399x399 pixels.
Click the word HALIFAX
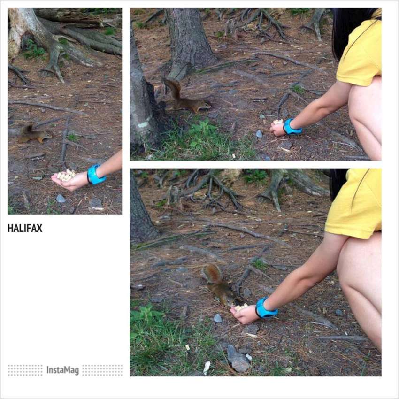[x=25, y=228]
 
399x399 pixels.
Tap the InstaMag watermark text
[x=62, y=370]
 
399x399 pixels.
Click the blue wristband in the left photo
[x=95, y=175]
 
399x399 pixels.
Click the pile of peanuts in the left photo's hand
[x=66, y=176]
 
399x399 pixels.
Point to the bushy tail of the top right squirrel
[x=173, y=88]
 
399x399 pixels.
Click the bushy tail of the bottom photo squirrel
[x=213, y=274]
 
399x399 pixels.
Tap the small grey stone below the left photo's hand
[x=61, y=199]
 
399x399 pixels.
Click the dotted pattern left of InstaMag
[x=25, y=370]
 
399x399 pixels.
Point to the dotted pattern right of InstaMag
[x=102, y=370]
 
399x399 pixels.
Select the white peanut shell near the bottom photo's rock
[x=207, y=368]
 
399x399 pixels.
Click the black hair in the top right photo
[x=349, y=28]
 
